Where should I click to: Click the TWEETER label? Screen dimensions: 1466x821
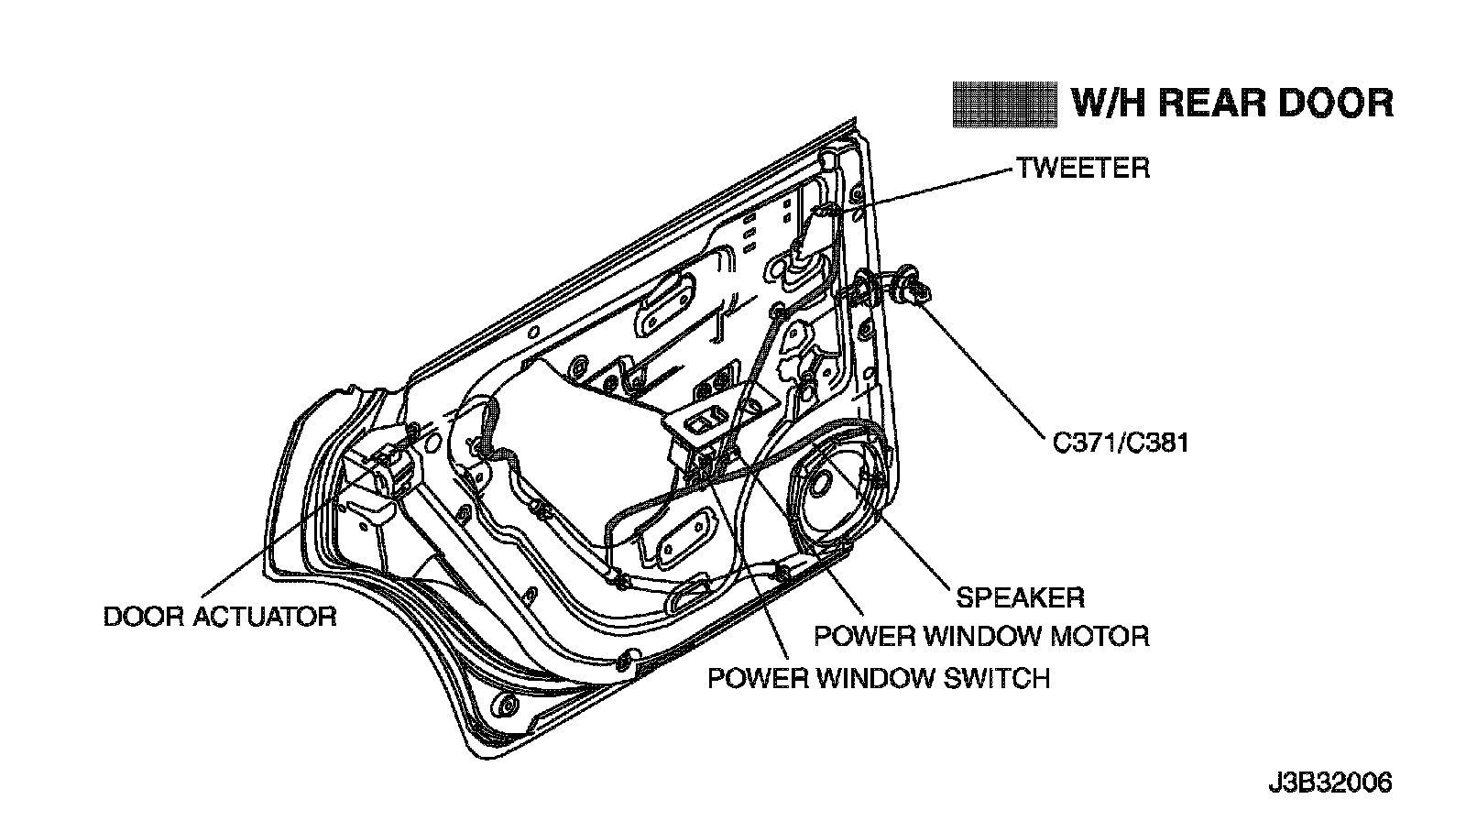[1083, 169]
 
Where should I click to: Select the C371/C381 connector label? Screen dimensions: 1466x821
[1121, 443]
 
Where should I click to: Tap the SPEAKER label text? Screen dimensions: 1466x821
[1021, 597]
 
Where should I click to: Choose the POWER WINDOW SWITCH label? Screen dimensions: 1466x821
[879, 678]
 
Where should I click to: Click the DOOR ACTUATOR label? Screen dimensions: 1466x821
[220, 617]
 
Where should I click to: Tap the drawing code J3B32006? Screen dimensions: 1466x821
[1330, 783]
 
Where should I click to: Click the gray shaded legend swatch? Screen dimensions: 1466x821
[1004, 104]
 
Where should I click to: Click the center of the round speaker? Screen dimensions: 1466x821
[819, 487]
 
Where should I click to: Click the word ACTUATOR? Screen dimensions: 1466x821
[265, 617]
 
